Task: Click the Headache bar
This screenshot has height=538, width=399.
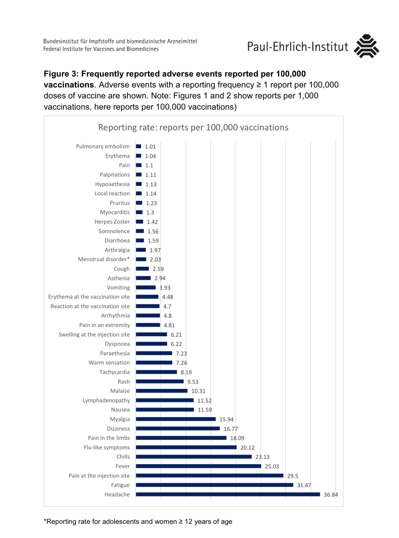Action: [228, 494]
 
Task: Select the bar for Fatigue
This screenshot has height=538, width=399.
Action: [214, 485]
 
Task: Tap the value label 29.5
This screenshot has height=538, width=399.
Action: [292, 476]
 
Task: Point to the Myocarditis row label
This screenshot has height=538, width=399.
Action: [115, 212]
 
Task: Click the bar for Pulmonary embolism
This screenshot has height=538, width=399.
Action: [139, 146]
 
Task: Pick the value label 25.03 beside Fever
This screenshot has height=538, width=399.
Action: [272, 466]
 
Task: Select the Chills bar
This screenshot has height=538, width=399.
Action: [194, 457]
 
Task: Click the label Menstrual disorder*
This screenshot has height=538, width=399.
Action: [104, 259]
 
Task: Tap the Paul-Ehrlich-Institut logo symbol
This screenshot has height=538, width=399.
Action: [366, 46]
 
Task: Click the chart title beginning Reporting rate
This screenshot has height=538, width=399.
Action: [193, 127]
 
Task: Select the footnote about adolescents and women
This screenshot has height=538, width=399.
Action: [138, 521]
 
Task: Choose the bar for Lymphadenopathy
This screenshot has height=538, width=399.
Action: [165, 400]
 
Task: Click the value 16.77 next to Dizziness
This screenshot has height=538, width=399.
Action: [231, 429]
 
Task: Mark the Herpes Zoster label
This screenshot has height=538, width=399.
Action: [112, 222]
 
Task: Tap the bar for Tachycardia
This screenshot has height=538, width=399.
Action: [156, 372]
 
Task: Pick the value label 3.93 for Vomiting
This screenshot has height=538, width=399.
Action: [165, 288]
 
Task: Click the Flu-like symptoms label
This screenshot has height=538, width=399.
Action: [107, 448]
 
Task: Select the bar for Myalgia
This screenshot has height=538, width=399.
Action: [176, 419]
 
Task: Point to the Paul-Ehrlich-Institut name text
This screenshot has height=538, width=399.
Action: [297, 47]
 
